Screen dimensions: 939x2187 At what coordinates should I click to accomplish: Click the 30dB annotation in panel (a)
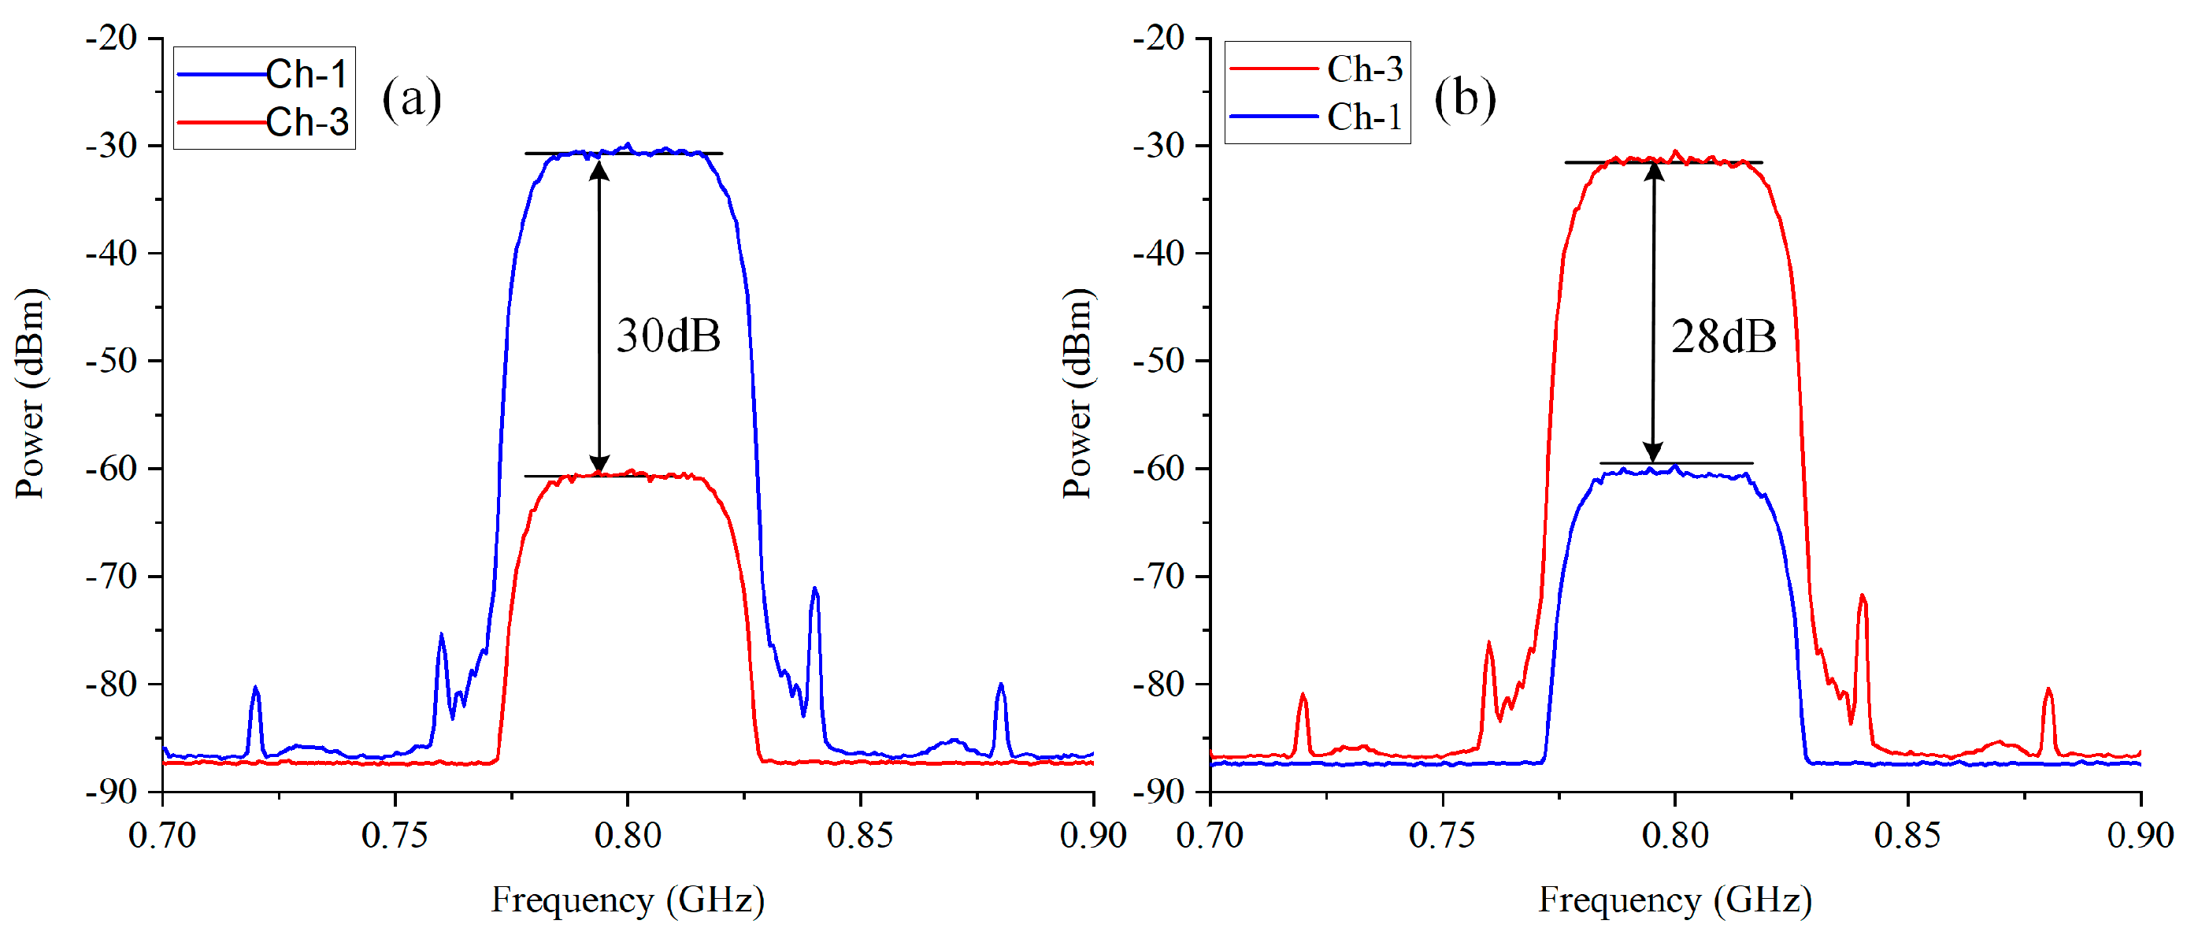point(668,336)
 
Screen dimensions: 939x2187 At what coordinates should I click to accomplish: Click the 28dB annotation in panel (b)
point(1723,337)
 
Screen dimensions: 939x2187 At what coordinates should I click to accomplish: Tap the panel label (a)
point(412,98)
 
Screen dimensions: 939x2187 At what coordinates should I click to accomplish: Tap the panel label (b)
point(1465,98)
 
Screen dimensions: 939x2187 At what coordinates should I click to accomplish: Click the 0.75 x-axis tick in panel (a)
point(395,836)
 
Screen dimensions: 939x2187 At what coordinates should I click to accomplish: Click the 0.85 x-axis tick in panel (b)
point(1907,836)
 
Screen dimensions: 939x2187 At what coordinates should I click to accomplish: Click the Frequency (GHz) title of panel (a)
point(628,900)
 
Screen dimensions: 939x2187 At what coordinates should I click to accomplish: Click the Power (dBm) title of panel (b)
point(1077,393)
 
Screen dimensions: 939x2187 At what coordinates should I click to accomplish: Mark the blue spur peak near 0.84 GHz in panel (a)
point(815,588)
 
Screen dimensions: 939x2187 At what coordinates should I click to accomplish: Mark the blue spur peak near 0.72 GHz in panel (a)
point(255,688)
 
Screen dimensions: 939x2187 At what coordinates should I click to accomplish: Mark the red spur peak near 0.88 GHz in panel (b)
point(2048,689)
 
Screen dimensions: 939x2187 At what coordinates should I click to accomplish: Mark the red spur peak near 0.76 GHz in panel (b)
point(1489,644)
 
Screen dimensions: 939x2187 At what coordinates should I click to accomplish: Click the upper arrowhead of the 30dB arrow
point(599,168)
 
